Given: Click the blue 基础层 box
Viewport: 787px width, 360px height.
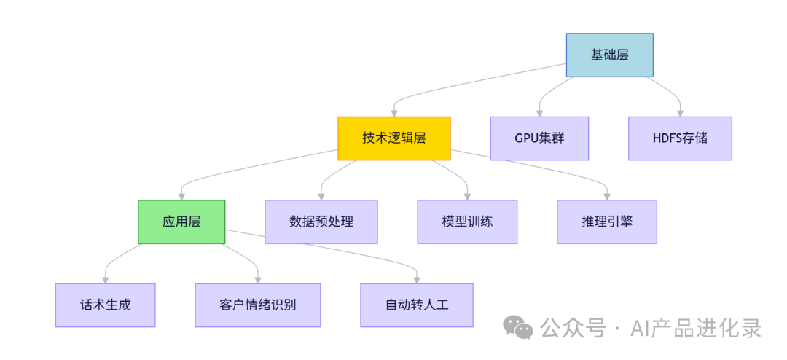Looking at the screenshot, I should [x=609, y=55].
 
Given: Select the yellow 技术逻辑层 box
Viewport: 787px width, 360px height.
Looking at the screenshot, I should [x=393, y=138].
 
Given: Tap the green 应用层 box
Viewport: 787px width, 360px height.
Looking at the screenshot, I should [x=181, y=222].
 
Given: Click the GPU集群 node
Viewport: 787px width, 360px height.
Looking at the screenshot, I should [x=539, y=138].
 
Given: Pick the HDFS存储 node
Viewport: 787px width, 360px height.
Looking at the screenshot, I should [x=680, y=138].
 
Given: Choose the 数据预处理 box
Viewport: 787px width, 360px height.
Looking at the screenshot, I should [x=321, y=222].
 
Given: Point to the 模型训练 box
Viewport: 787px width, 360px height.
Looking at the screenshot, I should [x=467, y=222].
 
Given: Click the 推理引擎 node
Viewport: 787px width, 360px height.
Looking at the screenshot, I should [x=607, y=222].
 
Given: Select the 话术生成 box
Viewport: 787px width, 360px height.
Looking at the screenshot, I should [x=106, y=305].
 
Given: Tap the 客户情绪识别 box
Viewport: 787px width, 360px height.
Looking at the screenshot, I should [x=258, y=305].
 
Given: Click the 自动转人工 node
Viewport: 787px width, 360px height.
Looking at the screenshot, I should [x=417, y=305].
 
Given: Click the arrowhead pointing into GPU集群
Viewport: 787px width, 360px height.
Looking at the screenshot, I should [x=539, y=113].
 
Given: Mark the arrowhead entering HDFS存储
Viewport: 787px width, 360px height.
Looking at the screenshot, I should [x=680, y=113].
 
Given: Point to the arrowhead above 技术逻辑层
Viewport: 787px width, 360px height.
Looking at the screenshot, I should [x=393, y=113].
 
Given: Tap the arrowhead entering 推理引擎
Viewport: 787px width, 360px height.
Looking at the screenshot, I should [x=607, y=196].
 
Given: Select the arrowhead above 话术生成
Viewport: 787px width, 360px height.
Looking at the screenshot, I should [x=106, y=279].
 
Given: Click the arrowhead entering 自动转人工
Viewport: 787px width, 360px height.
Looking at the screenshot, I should [x=417, y=279].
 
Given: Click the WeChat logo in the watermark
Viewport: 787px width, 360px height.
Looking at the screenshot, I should [x=520, y=328].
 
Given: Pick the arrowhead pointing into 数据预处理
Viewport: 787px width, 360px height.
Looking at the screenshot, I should [x=321, y=196].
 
